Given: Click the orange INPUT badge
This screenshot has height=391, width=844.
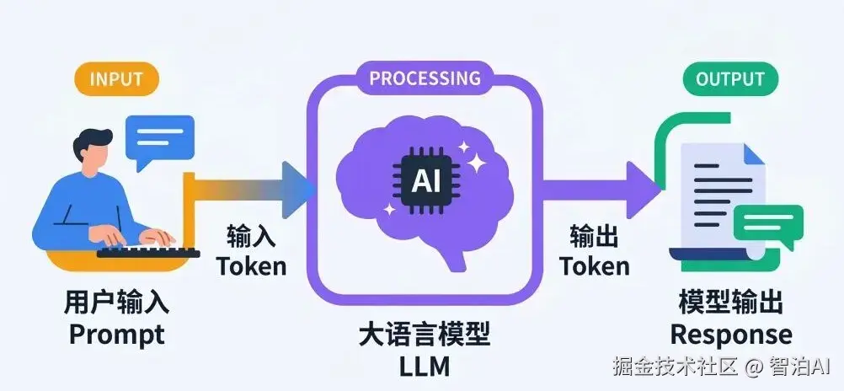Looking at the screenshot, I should [115, 80].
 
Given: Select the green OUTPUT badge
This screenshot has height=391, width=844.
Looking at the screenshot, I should [729, 80].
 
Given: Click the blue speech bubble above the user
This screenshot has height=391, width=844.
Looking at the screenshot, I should [159, 138].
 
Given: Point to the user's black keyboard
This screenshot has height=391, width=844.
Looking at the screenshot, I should [148, 250].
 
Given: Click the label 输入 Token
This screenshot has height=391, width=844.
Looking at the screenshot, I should [251, 251].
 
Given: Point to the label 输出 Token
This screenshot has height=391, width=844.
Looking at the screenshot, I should [595, 251].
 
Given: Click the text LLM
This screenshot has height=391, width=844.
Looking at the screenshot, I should [424, 367].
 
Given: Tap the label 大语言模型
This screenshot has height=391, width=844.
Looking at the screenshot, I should [424, 336].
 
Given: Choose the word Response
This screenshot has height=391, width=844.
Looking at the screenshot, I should [731, 335].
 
